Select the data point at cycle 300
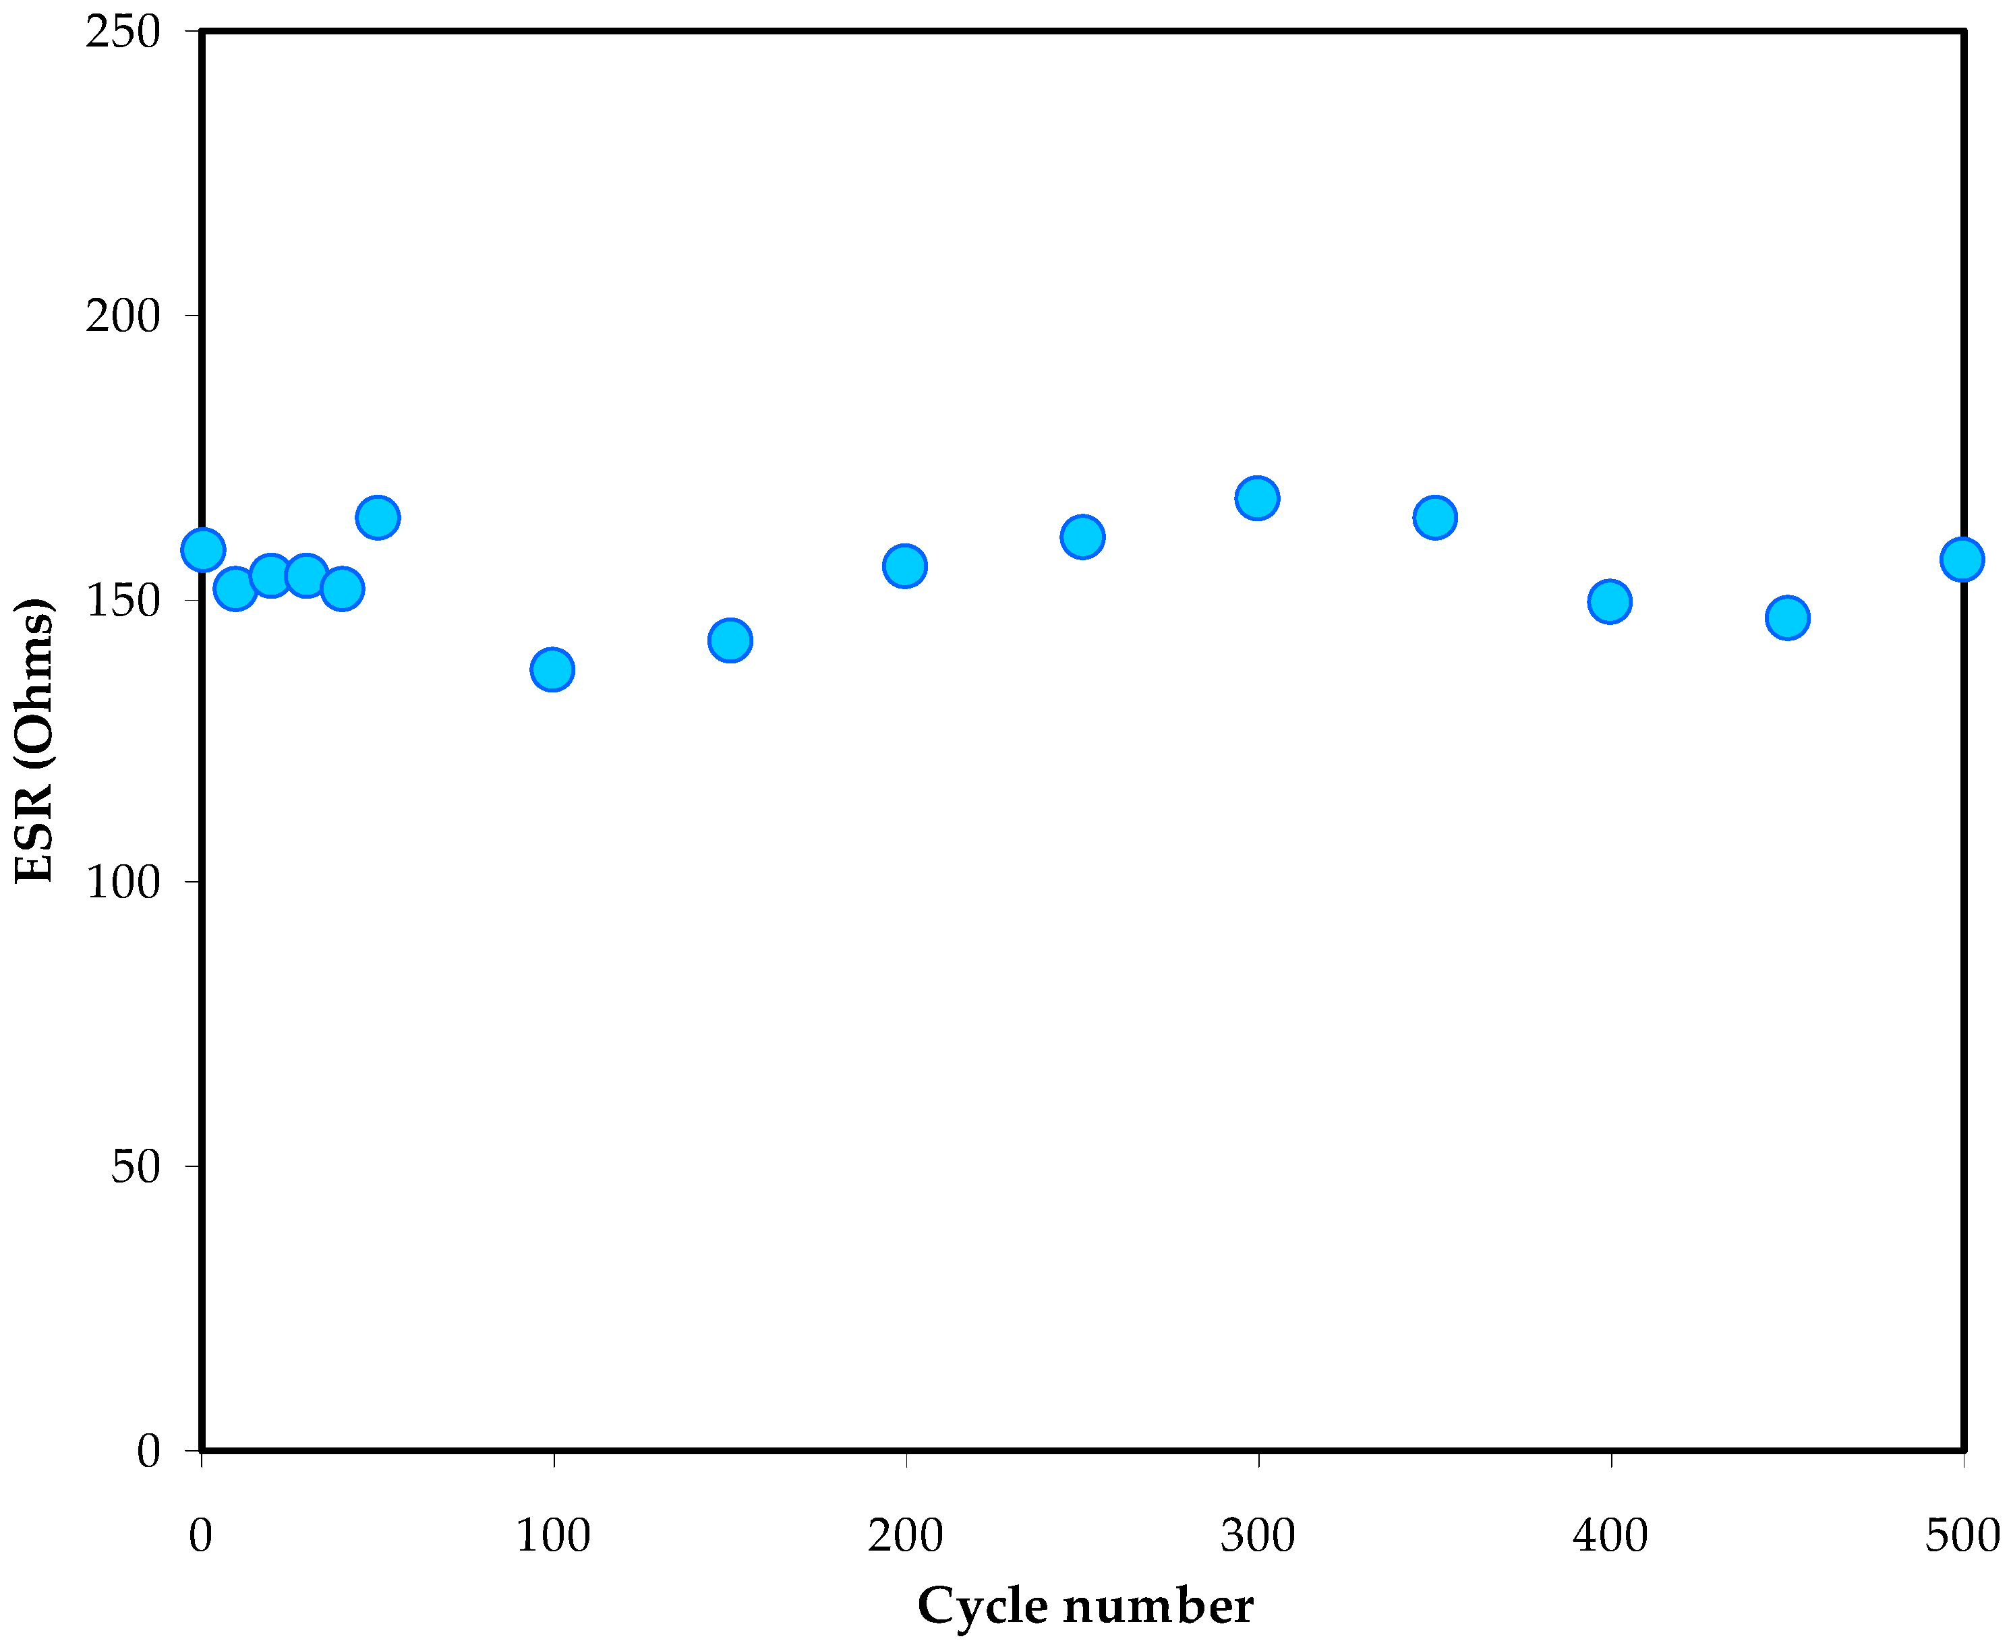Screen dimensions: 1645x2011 pos(1256,498)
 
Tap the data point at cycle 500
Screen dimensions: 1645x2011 pos(1961,559)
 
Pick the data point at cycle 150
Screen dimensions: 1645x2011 pos(730,640)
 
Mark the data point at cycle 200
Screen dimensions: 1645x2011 pos(905,566)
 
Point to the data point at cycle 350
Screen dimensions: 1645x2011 pos(1435,517)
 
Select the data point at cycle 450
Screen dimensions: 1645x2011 pos(1787,618)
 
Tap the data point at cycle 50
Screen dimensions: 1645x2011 pos(377,517)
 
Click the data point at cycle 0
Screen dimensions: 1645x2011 pos(203,549)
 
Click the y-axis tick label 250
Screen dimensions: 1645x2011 pos(123,32)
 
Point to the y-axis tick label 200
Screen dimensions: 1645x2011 pos(123,316)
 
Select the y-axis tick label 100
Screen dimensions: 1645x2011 pos(123,883)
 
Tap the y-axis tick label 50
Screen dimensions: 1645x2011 pos(136,1166)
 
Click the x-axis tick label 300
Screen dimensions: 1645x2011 pos(1258,1535)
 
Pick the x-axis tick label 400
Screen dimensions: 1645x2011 pos(1610,1535)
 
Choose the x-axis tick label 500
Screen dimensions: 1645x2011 pos(1962,1535)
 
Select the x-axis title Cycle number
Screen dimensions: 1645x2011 pos(1085,1605)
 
